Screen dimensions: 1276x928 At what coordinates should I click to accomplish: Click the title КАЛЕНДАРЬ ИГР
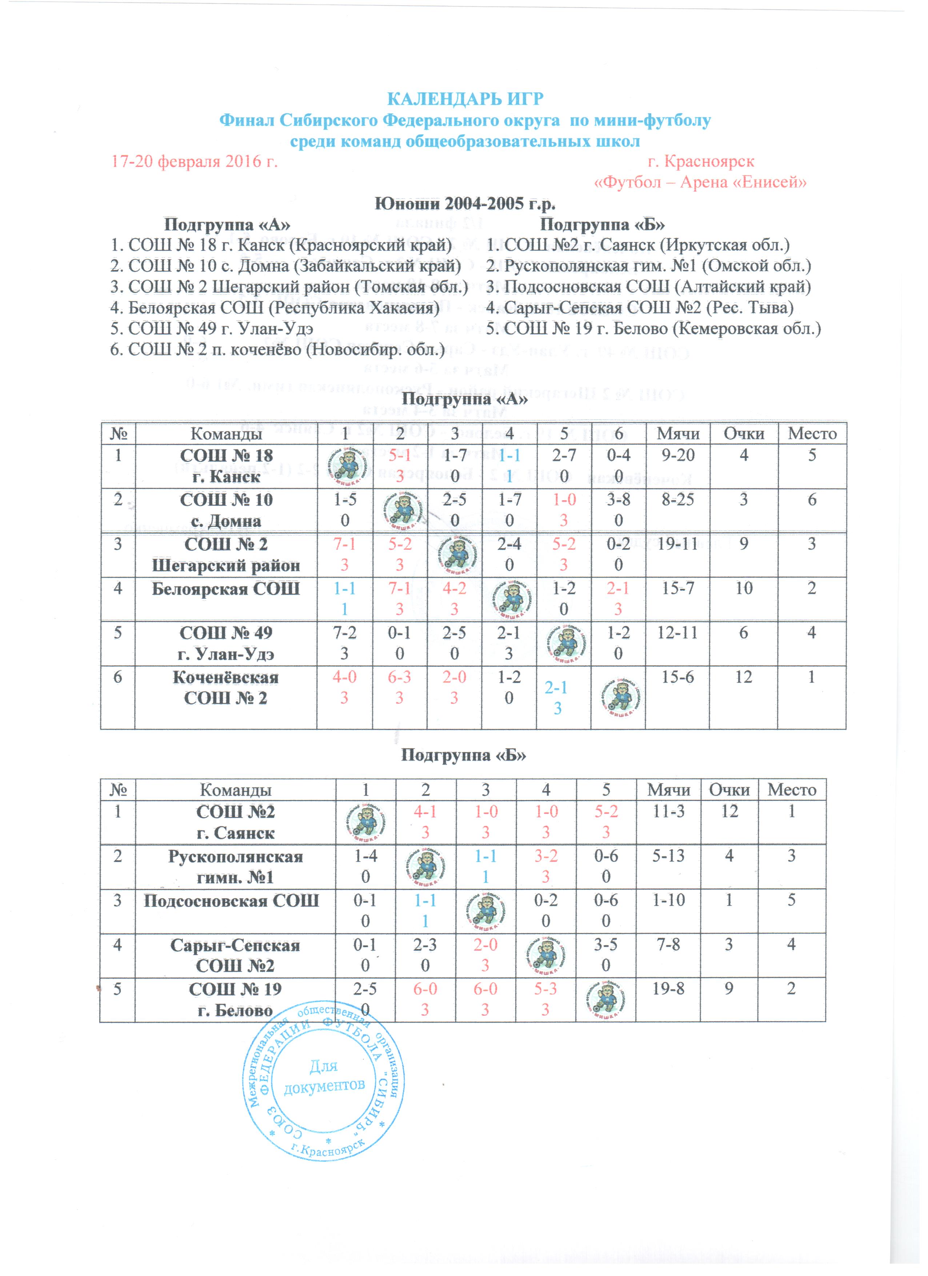coord(465,100)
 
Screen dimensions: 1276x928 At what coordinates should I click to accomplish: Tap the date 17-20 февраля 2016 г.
coord(195,162)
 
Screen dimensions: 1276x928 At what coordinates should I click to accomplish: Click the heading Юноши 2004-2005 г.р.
coord(465,203)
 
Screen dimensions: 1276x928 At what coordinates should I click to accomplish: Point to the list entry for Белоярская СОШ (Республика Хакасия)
coord(275,308)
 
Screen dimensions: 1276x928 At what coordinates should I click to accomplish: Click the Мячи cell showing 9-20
coord(677,455)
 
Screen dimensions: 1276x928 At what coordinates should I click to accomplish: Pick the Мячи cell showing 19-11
coord(677,544)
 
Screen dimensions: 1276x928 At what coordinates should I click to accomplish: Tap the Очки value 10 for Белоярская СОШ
coord(743,589)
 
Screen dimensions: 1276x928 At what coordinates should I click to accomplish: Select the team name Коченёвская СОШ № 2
coord(226,687)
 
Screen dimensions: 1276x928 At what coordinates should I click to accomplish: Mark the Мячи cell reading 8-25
coord(677,499)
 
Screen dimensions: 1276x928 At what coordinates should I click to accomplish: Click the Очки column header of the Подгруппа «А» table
coord(743,433)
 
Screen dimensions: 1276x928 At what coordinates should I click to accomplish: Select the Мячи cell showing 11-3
coord(669,811)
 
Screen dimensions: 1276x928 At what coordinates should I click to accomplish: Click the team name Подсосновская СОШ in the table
coord(231,901)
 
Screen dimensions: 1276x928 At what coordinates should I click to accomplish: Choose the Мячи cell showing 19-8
coord(669,989)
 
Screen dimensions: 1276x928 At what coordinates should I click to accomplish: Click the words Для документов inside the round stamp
coord(324,1077)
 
